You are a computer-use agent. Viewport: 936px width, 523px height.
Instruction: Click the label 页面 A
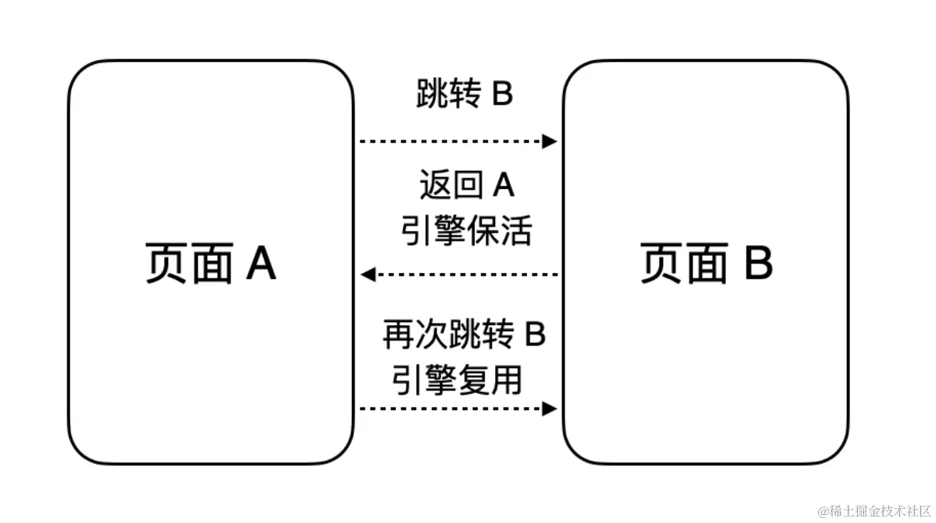pyautogui.click(x=210, y=264)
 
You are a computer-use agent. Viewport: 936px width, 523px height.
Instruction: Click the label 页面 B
pyautogui.click(x=706, y=264)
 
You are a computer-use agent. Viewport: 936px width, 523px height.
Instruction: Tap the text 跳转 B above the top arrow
pyautogui.click(x=464, y=95)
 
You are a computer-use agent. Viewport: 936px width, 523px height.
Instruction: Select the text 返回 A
pyautogui.click(x=467, y=186)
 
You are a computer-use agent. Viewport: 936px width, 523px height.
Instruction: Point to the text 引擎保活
pyautogui.click(x=466, y=231)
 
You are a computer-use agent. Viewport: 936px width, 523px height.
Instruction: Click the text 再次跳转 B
pyautogui.click(x=464, y=334)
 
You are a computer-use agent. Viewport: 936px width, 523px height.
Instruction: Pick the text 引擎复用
pyautogui.click(x=457, y=380)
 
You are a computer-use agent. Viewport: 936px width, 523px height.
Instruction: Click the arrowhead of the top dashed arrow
pyautogui.click(x=549, y=141)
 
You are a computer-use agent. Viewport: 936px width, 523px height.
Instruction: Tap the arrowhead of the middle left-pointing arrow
pyautogui.click(x=368, y=274)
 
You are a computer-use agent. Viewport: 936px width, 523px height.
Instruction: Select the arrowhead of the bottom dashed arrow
pyautogui.click(x=549, y=408)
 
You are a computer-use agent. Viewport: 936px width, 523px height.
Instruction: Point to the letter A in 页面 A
pyautogui.click(x=260, y=264)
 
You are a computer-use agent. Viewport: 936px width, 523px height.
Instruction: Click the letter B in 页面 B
pyautogui.click(x=758, y=264)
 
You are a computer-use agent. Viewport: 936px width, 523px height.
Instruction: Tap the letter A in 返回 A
pyautogui.click(x=504, y=186)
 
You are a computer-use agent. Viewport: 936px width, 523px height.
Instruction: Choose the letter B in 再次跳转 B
pyautogui.click(x=535, y=334)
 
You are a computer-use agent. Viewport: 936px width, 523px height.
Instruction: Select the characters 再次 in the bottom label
pyautogui.click(x=407, y=334)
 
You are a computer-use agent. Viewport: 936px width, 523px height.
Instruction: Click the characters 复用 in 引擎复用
pyautogui.click(x=489, y=380)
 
